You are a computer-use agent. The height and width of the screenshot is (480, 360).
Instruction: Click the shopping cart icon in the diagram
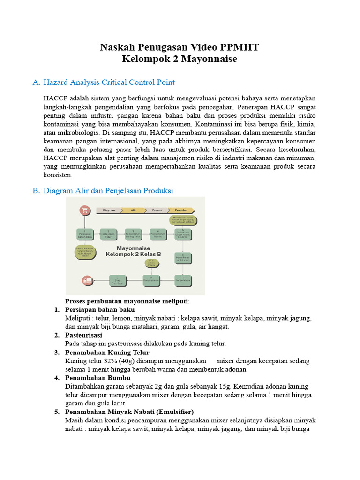[85, 210]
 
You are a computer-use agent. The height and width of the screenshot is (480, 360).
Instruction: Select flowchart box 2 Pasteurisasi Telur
[108, 234]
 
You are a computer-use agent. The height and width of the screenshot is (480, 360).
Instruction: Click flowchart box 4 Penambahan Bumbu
[158, 234]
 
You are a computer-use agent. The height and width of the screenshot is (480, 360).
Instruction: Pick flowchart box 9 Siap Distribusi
[117, 280]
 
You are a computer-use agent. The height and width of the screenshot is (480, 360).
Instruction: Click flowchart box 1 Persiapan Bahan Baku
[85, 234]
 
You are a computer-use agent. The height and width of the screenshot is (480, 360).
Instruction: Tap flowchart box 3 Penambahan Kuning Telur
[133, 234]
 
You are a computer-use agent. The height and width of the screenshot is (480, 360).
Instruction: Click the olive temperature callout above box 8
[151, 264]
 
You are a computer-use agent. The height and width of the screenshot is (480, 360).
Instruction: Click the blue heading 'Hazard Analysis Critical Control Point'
[109, 82]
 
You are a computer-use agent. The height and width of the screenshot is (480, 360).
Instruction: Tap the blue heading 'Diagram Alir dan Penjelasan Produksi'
[108, 191]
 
